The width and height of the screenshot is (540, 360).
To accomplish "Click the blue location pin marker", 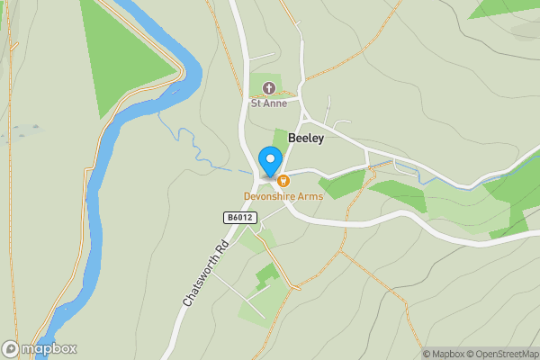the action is click(x=269, y=161).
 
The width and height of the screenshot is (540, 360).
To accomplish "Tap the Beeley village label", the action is click(x=306, y=138).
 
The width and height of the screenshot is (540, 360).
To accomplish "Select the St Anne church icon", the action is click(x=268, y=87).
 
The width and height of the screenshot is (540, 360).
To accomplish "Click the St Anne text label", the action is click(x=268, y=103).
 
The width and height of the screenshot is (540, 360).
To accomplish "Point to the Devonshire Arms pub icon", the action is click(x=283, y=181).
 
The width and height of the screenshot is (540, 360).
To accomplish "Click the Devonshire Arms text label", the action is click(x=283, y=196).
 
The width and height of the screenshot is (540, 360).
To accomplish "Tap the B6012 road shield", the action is click(x=240, y=217).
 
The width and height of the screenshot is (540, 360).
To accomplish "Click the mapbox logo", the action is click(x=39, y=348).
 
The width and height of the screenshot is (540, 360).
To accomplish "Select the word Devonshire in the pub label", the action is click(x=269, y=196).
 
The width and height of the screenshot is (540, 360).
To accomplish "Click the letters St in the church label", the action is click(x=256, y=103).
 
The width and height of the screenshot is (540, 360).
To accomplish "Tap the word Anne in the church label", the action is click(x=274, y=103).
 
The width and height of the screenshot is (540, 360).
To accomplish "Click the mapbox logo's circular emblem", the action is click(x=11, y=348).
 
